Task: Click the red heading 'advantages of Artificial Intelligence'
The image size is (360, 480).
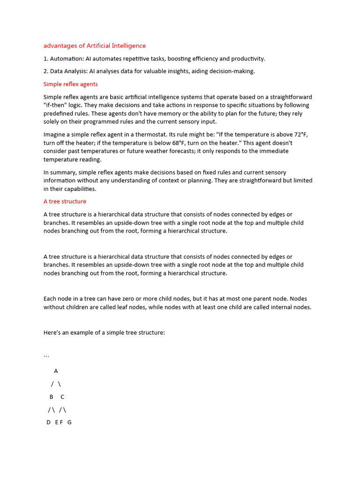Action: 94,45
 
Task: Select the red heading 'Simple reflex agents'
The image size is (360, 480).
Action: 70,84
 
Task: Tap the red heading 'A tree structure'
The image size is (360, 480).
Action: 65,201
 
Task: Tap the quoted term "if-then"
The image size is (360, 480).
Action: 57,105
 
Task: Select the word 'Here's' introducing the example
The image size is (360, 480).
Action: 53,332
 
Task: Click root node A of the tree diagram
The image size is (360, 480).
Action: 56,371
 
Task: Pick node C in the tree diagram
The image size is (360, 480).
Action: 62,397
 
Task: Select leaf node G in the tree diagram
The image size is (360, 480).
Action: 69,422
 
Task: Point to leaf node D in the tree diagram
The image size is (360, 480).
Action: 48,422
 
